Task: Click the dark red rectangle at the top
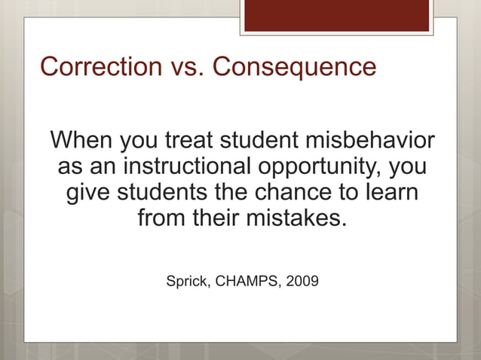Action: pyautogui.click(x=336, y=15)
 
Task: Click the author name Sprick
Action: pyautogui.click(x=187, y=282)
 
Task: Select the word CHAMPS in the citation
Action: pyautogui.click(x=244, y=282)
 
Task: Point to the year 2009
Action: pyautogui.click(x=302, y=282)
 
